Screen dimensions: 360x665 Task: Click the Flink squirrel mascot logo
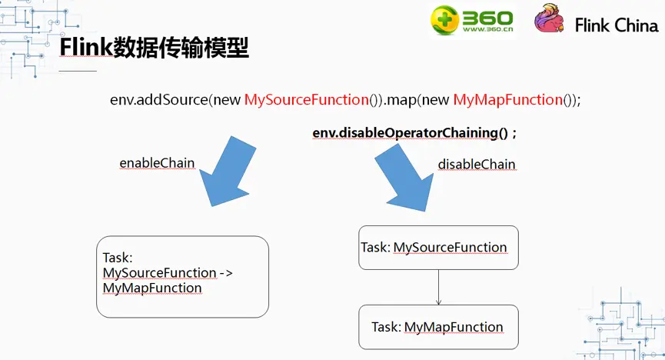[x=550, y=22]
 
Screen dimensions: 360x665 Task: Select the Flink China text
[x=616, y=25]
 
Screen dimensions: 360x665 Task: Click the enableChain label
[x=157, y=163]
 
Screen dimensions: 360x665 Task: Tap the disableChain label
[x=477, y=164]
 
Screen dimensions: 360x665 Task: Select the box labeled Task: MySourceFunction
[x=438, y=247]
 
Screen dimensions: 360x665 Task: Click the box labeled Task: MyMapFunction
[x=438, y=327]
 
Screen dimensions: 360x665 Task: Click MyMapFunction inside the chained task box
[x=152, y=288]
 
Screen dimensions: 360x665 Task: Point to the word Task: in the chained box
[x=118, y=258]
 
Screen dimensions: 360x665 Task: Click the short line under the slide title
[x=78, y=71]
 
